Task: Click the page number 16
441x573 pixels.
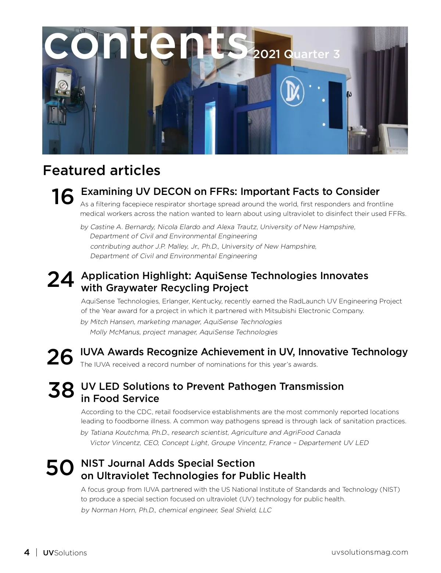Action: (62, 196)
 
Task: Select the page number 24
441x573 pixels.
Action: (61, 280)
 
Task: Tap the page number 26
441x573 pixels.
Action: (60, 357)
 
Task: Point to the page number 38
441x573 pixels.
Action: (61, 390)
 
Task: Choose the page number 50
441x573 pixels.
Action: (60, 468)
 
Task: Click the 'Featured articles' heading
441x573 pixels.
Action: (102, 170)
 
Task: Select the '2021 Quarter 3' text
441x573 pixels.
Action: (296, 54)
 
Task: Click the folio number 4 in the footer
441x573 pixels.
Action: (27, 552)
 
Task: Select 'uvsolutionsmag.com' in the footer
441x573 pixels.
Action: (370, 552)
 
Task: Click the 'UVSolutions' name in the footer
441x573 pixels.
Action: (65, 553)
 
